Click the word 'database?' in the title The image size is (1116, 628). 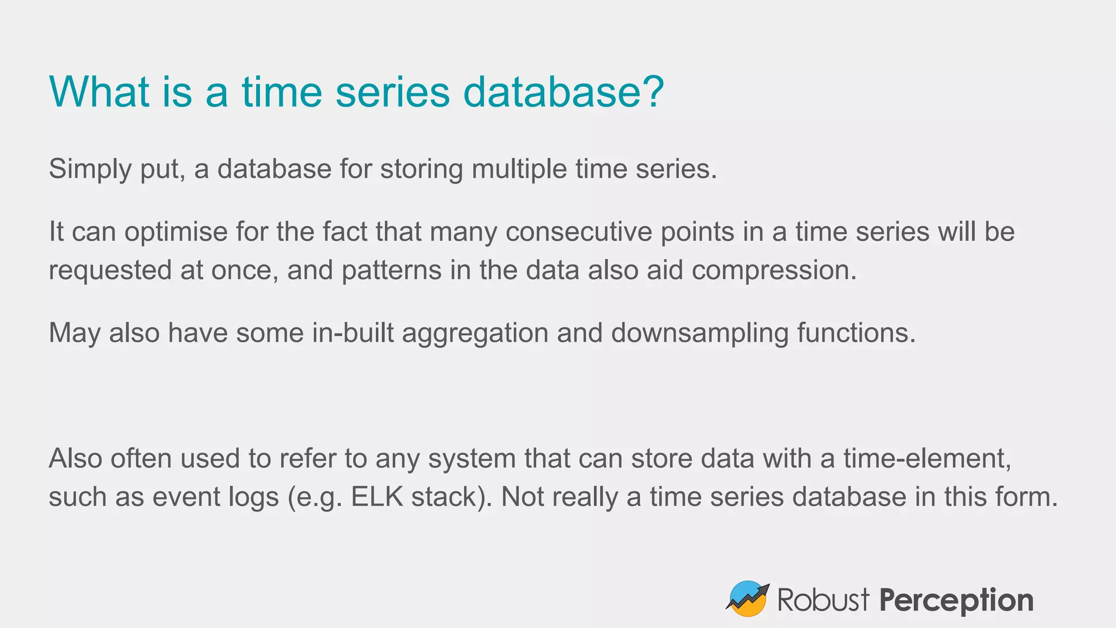tap(563, 92)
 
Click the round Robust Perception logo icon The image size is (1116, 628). tap(748, 599)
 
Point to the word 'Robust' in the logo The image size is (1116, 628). tap(823, 600)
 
